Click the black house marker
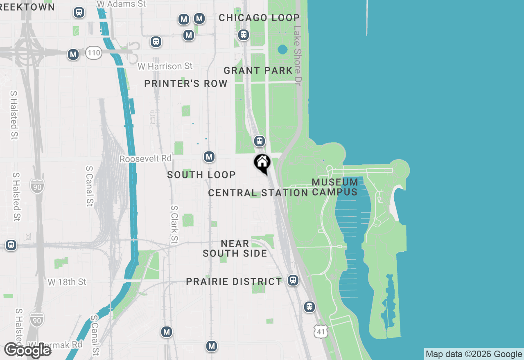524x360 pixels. tap(262, 163)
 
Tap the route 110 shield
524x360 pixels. tap(94, 52)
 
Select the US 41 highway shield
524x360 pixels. tap(321, 331)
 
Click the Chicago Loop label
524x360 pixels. tap(259, 18)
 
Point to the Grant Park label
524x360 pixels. tap(258, 70)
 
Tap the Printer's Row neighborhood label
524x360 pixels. tap(186, 83)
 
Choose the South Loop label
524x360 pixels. tap(201, 175)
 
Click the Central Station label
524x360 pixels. tap(258, 193)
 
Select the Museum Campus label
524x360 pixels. tap(335, 187)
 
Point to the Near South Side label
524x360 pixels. tap(235, 249)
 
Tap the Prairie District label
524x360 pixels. tap(234, 281)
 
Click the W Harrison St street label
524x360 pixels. tap(165, 66)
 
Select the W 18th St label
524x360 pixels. tap(67, 282)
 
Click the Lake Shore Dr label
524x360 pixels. tap(298, 56)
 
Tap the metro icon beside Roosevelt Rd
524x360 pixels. tap(209, 157)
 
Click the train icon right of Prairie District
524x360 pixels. tap(293, 280)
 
